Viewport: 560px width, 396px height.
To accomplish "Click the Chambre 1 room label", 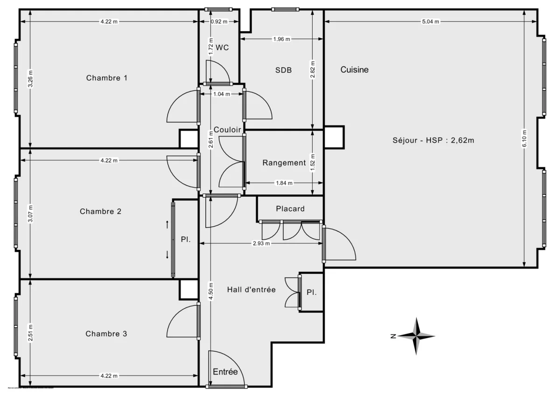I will pos(107,78).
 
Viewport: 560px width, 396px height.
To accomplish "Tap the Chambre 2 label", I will pos(101,211).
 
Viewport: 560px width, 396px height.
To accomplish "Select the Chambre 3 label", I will pos(106,334).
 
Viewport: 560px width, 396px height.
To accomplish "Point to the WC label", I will pos(222,48).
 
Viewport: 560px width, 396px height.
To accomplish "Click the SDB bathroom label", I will pos(283,70).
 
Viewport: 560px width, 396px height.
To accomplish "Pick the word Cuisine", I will pos(354,70).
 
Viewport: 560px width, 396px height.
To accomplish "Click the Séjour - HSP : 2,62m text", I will pos(433,140).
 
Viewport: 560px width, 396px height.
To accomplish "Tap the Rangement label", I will pos(284,163).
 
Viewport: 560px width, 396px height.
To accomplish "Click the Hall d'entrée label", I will pos(251,290).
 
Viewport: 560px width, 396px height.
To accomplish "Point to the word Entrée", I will pos(225,372).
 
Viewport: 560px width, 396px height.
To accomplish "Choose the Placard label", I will pos(290,208).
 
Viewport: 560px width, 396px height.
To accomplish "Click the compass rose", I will pos(417,336).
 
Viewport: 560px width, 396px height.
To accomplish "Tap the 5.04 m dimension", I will pos(430,21).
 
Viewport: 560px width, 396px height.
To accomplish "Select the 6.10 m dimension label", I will pos(525,138).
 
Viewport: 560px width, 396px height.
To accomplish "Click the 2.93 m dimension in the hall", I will pos(261,243).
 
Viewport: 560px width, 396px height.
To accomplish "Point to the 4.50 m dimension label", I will pos(211,291).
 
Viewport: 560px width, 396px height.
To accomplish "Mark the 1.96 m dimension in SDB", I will pos(281,39).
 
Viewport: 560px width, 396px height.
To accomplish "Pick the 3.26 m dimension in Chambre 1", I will pos(30,79).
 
